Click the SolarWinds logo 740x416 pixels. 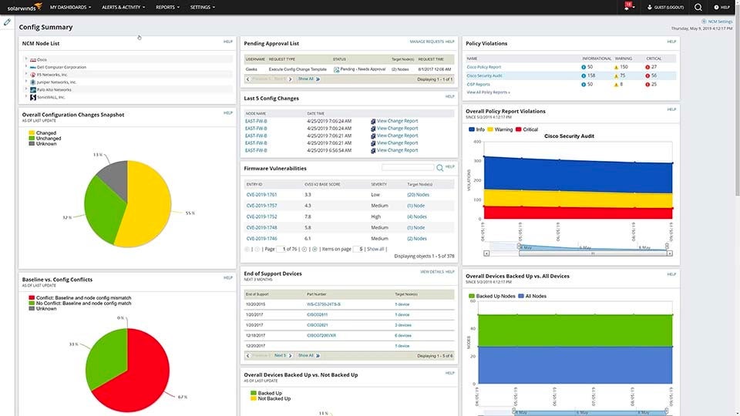(x=21, y=7)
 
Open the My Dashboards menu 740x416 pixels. (x=71, y=7)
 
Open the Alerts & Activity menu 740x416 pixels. (x=124, y=7)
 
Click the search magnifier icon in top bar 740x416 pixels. (x=698, y=7)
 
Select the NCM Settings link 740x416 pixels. (x=719, y=22)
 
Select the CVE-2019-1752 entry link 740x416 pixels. (x=261, y=216)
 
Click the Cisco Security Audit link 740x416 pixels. (x=485, y=75)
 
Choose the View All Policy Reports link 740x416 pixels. (x=488, y=92)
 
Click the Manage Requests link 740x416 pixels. (x=426, y=42)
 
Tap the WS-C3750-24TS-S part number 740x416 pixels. (x=325, y=304)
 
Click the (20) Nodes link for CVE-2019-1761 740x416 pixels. (x=418, y=195)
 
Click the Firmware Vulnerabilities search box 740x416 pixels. (x=408, y=167)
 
